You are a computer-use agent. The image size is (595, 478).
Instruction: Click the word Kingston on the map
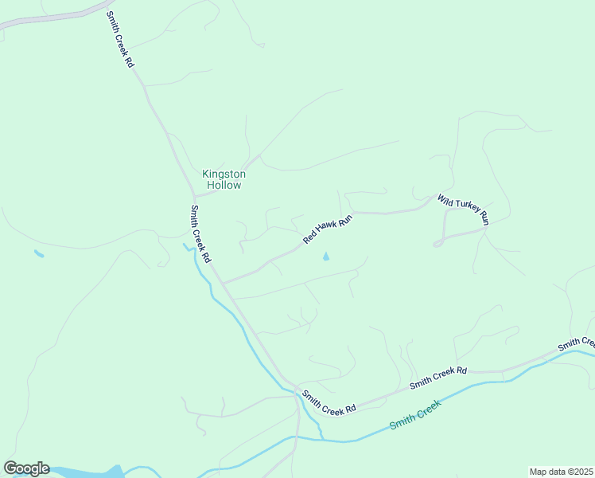pos(224,174)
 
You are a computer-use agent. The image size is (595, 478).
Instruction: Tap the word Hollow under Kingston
pos(224,185)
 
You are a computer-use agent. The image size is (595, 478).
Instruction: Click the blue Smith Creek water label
pos(415,415)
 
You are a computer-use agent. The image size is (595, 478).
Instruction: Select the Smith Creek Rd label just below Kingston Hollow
pos(200,234)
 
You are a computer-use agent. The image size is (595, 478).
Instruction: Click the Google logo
pos(26,468)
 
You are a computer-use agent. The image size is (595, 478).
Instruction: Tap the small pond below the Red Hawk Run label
pos(325,257)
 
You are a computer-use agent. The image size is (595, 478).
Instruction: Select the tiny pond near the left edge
pos(39,254)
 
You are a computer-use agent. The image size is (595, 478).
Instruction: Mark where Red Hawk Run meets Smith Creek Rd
pos(224,283)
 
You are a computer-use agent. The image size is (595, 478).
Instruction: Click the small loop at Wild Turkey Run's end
pos(437,242)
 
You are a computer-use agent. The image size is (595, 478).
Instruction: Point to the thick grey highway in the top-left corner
pos(48,19)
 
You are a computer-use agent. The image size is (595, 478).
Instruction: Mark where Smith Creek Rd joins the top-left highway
pos(106,8)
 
